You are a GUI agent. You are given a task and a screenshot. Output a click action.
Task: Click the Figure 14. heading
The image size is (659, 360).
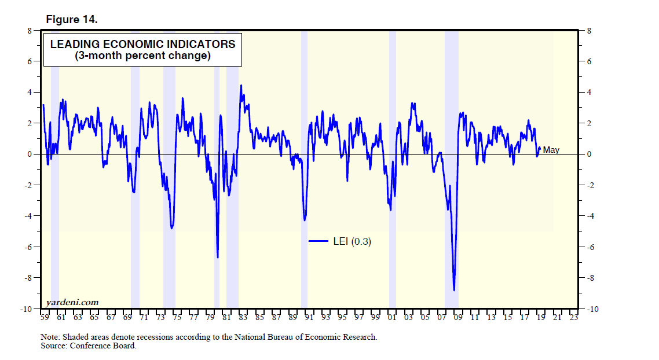[72, 20]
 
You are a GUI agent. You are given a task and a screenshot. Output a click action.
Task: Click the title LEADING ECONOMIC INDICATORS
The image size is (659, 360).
[142, 44]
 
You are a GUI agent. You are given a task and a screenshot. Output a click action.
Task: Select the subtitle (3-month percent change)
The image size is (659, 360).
[142, 56]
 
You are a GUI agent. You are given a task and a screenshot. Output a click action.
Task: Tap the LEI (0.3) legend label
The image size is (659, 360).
[352, 242]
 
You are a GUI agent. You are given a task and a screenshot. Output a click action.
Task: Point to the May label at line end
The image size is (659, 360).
[551, 150]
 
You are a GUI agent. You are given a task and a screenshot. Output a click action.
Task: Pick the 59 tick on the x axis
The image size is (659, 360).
[44, 317]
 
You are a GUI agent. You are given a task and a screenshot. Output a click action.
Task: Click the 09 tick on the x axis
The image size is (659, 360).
[457, 317]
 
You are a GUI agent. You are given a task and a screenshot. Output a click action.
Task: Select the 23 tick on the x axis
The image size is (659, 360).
[573, 317]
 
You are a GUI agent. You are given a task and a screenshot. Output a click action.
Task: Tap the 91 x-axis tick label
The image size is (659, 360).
[309, 317]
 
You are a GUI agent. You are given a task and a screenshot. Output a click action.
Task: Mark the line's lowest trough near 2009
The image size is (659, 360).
[455, 290]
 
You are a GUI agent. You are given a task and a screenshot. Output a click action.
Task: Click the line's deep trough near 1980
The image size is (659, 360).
[218, 257]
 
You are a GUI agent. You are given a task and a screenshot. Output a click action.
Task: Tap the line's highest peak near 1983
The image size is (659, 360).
[241, 86]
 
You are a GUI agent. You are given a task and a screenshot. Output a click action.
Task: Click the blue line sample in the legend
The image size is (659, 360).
[318, 242]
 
